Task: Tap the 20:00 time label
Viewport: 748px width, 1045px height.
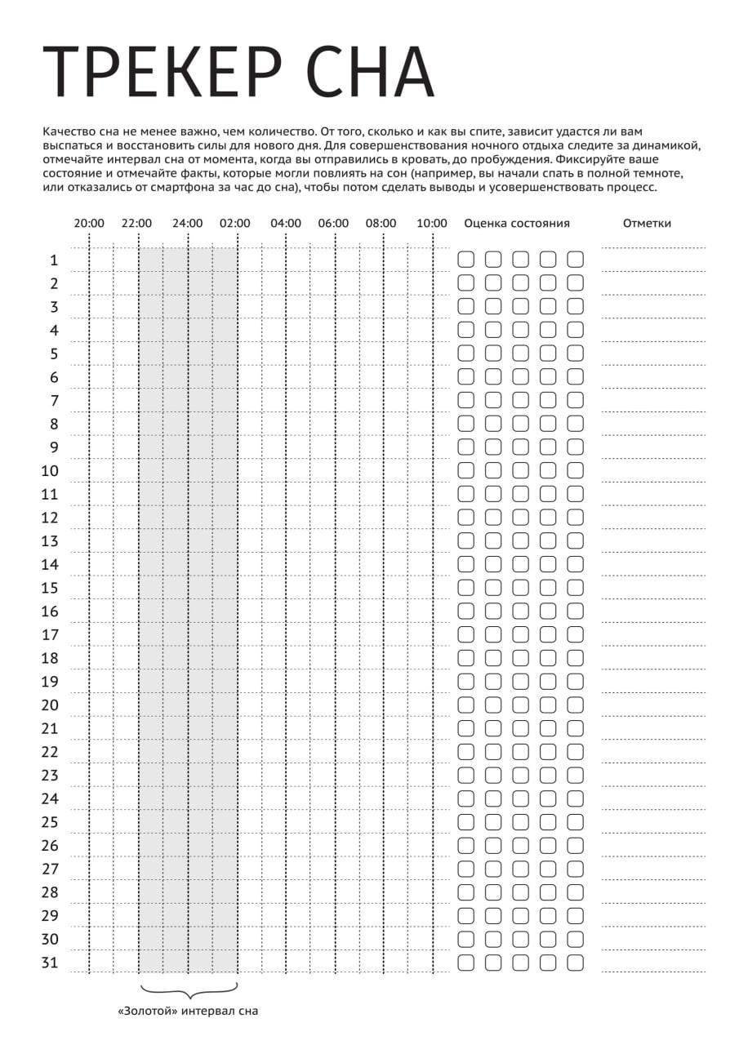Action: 89,223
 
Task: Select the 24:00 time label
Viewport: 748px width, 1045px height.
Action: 188,223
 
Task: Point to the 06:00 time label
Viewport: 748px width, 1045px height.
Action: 333,223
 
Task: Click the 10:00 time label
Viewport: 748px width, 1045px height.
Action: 432,223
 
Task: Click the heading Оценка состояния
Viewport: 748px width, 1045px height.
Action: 516,223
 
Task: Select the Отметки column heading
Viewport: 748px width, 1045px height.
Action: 647,223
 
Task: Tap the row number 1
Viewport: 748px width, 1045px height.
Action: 54,260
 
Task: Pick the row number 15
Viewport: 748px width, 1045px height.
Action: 50,588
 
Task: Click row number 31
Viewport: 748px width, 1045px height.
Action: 50,963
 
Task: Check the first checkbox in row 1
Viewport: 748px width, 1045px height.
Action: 465,260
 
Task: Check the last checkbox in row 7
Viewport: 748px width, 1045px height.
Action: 576,400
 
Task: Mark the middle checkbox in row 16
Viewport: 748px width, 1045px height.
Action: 521,611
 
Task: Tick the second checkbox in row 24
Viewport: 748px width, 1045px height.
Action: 493,798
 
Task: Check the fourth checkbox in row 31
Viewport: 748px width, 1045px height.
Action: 548,962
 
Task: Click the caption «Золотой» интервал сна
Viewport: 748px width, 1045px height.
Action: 188,1012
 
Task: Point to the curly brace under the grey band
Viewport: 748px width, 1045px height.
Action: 189,990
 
